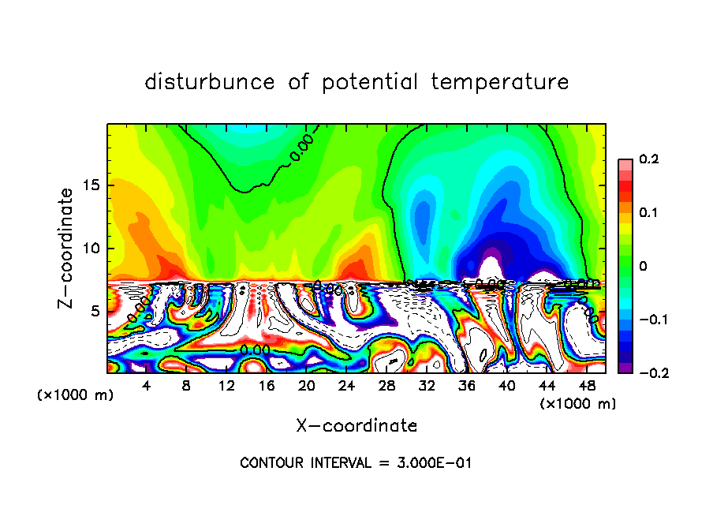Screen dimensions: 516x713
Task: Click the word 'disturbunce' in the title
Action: pos(210,82)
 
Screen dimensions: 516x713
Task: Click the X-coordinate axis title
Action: pos(356,426)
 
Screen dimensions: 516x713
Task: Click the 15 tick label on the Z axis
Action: pos(91,186)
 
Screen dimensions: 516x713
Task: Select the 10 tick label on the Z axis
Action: pos(91,249)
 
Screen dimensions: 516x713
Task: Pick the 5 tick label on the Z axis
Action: pos(95,311)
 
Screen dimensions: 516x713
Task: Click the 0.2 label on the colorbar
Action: pos(648,159)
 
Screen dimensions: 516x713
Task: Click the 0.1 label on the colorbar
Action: pos(648,213)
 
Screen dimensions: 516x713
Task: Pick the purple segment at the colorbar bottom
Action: pos(625,368)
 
